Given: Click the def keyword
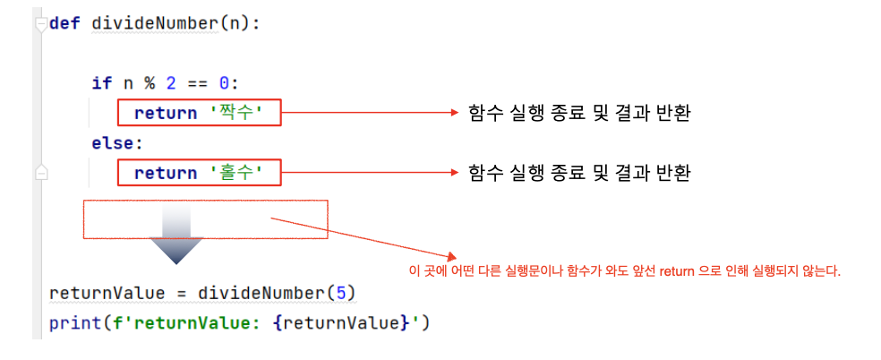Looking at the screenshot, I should [64, 23].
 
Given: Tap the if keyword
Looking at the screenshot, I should [101, 83].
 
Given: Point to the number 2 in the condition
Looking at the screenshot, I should [170, 83].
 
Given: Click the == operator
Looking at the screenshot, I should [198, 83].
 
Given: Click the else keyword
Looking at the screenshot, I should [116, 142].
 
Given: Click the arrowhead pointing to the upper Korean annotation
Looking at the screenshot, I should [453, 113].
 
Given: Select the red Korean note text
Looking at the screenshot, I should [623, 270].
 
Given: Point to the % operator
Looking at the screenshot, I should [149, 83].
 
